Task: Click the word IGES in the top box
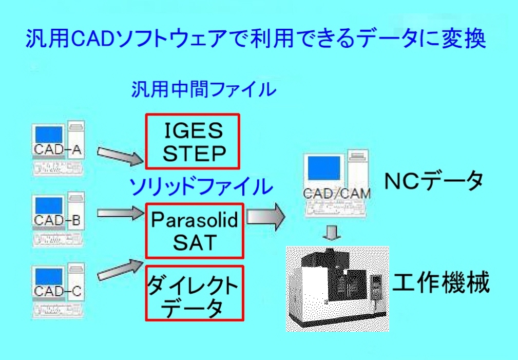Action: (194, 130)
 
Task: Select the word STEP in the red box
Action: (194, 154)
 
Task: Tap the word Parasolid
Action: (195, 219)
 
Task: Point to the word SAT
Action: (195, 242)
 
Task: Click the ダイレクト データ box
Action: (195, 293)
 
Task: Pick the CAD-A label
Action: (57, 149)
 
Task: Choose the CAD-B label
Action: (57, 220)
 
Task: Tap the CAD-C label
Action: (57, 291)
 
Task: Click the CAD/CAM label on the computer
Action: (337, 194)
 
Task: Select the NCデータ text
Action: (434, 181)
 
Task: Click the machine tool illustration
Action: (337, 289)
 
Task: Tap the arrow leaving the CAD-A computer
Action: (121, 156)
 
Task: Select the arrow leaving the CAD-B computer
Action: (121, 213)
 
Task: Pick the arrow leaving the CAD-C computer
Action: (121, 270)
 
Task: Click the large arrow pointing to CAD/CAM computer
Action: (266, 217)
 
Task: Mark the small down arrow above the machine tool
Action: (332, 233)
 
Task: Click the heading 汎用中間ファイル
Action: (204, 89)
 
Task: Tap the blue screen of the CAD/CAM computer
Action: (324, 168)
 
